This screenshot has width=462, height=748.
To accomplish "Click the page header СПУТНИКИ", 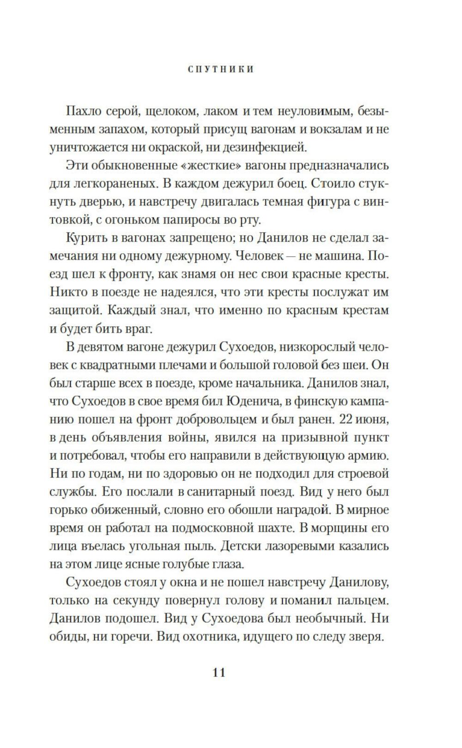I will click(221, 69).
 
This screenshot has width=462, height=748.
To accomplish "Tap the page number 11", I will click(219, 672).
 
